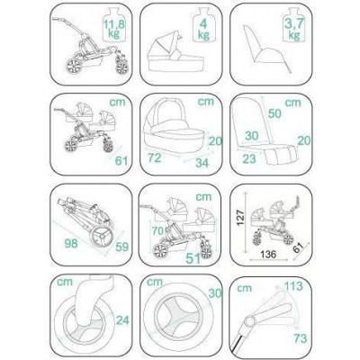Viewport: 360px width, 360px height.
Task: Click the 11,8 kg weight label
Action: point(113,28)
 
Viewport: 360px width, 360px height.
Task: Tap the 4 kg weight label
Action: point(203,30)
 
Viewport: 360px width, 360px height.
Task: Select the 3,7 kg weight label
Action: point(293,30)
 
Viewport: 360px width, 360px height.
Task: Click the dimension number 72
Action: point(154,157)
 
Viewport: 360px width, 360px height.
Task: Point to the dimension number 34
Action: point(203,163)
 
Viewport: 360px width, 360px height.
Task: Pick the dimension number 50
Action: point(274,113)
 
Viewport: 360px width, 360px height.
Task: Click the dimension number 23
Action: point(249,158)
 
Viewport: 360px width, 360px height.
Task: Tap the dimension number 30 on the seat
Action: point(251,136)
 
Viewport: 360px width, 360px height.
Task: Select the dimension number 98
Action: point(71,243)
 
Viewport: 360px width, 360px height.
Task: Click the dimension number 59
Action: point(121,247)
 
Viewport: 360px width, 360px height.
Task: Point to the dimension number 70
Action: point(157,231)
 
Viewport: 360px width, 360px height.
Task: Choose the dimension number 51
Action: point(193,258)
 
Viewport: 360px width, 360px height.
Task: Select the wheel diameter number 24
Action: point(122,320)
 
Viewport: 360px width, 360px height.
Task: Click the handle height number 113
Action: point(292,286)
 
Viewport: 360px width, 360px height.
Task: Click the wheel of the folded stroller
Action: point(103,237)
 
